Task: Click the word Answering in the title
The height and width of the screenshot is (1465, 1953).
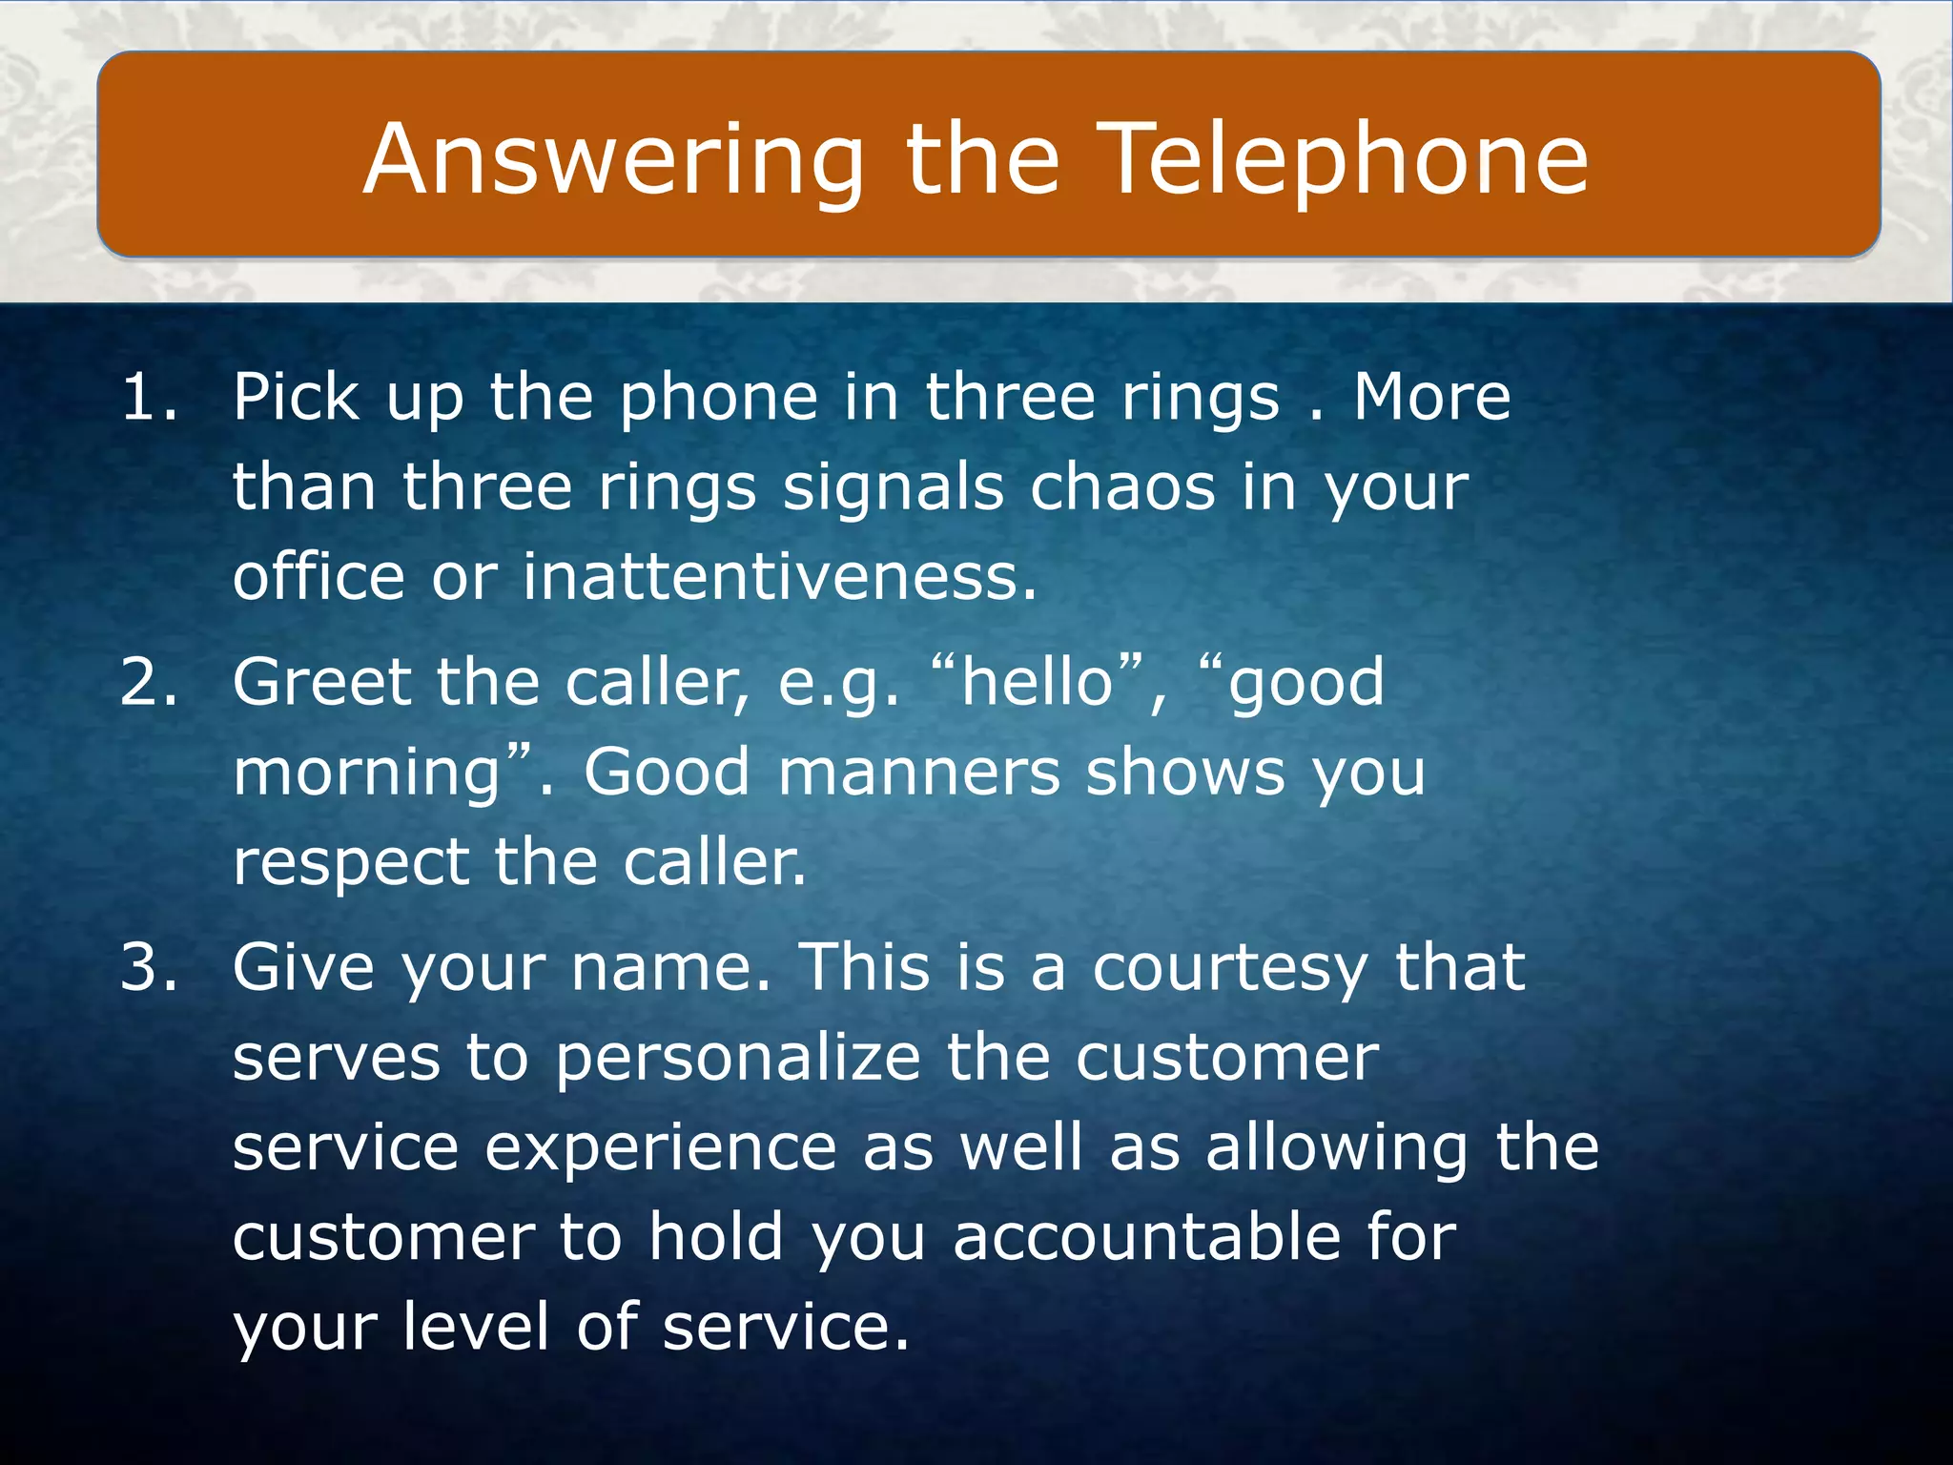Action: coord(612,160)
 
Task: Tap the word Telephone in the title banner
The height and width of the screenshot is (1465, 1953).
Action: coord(1347,160)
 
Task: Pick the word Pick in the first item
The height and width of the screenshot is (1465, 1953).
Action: coord(297,397)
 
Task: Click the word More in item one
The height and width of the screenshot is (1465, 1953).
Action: coord(1431,397)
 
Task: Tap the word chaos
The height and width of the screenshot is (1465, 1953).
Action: coord(1122,487)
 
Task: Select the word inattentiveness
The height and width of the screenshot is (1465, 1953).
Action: coord(778,577)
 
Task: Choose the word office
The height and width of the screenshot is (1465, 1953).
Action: coord(319,577)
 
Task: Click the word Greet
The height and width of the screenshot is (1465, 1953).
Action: coord(321,682)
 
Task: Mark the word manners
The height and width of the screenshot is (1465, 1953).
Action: coord(919,772)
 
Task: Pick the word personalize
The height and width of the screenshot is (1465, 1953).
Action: coord(738,1059)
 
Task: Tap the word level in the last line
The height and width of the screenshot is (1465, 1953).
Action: coord(476,1327)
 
